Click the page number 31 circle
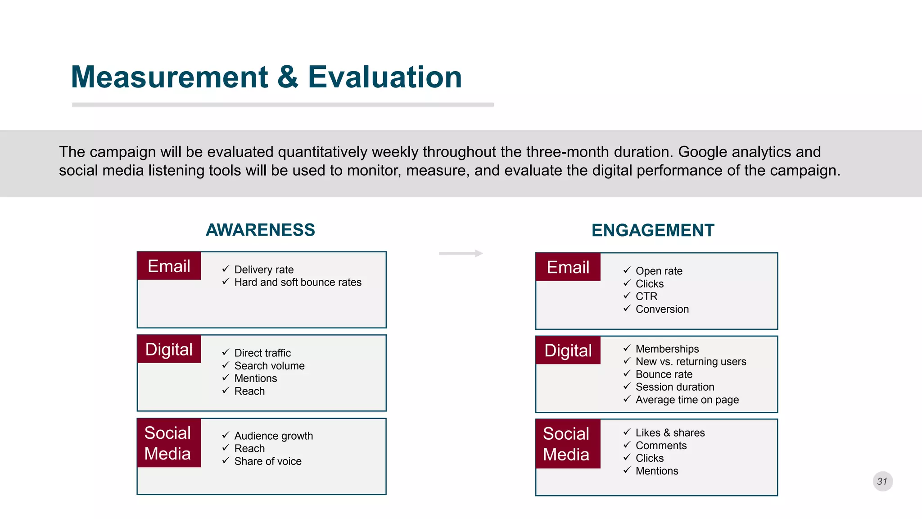tap(882, 481)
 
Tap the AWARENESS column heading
tap(260, 230)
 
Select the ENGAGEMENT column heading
tap(653, 230)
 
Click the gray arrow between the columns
tap(461, 254)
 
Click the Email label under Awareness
tap(169, 266)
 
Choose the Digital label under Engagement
tap(568, 351)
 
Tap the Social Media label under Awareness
tap(168, 443)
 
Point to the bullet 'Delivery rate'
tap(264, 269)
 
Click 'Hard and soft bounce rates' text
tap(298, 282)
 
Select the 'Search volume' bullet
tap(269, 366)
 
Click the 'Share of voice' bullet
tap(268, 461)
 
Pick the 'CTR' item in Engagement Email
tap(646, 296)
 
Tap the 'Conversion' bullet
tap(662, 309)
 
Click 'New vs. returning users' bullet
tap(691, 361)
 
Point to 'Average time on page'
tap(687, 400)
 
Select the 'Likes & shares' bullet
tap(670, 432)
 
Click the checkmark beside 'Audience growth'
tap(226, 435)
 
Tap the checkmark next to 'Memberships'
tap(627, 348)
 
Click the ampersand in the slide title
tap(288, 77)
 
